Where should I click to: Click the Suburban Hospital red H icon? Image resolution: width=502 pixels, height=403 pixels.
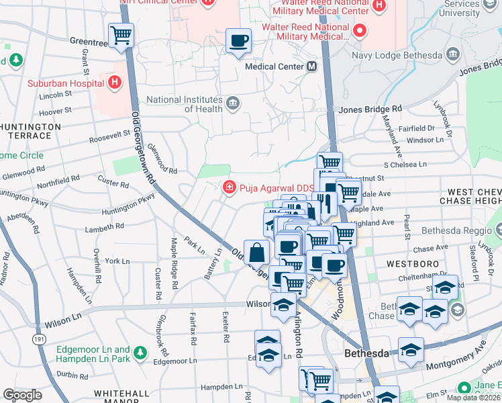(115, 83)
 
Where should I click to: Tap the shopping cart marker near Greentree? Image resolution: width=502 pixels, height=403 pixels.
(121, 34)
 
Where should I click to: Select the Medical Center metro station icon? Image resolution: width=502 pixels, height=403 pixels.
(312, 66)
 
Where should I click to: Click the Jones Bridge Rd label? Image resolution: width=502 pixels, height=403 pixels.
(370, 109)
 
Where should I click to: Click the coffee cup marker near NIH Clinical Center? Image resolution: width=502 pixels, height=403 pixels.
(238, 40)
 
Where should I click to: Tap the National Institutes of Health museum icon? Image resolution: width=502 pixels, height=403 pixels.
(233, 103)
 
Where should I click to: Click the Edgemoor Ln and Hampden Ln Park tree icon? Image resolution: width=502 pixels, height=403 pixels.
(140, 351)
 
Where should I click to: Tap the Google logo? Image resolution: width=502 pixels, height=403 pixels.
(22, 395)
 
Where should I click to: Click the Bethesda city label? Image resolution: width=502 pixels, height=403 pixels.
(366, 353)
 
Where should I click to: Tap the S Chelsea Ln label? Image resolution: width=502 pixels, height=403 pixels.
(405, 164)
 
